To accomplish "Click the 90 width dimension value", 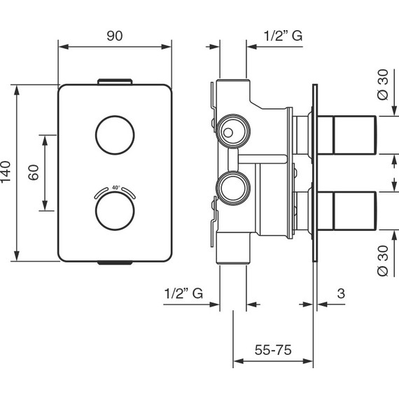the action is (x=115, y=36).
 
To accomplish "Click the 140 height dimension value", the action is (x=6, y=171).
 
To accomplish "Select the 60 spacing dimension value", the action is (x=34, y=172).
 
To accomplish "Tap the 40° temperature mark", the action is (x=115, y=188).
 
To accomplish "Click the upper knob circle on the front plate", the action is (x=115, y=115).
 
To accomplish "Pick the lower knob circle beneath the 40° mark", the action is (x=115, y=191).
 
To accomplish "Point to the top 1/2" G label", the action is (x=283, y=36).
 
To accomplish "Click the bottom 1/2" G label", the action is (x=183, y=293).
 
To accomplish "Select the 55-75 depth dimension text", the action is (x=273, y=349).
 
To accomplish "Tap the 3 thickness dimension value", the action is (x=341, y=293).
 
